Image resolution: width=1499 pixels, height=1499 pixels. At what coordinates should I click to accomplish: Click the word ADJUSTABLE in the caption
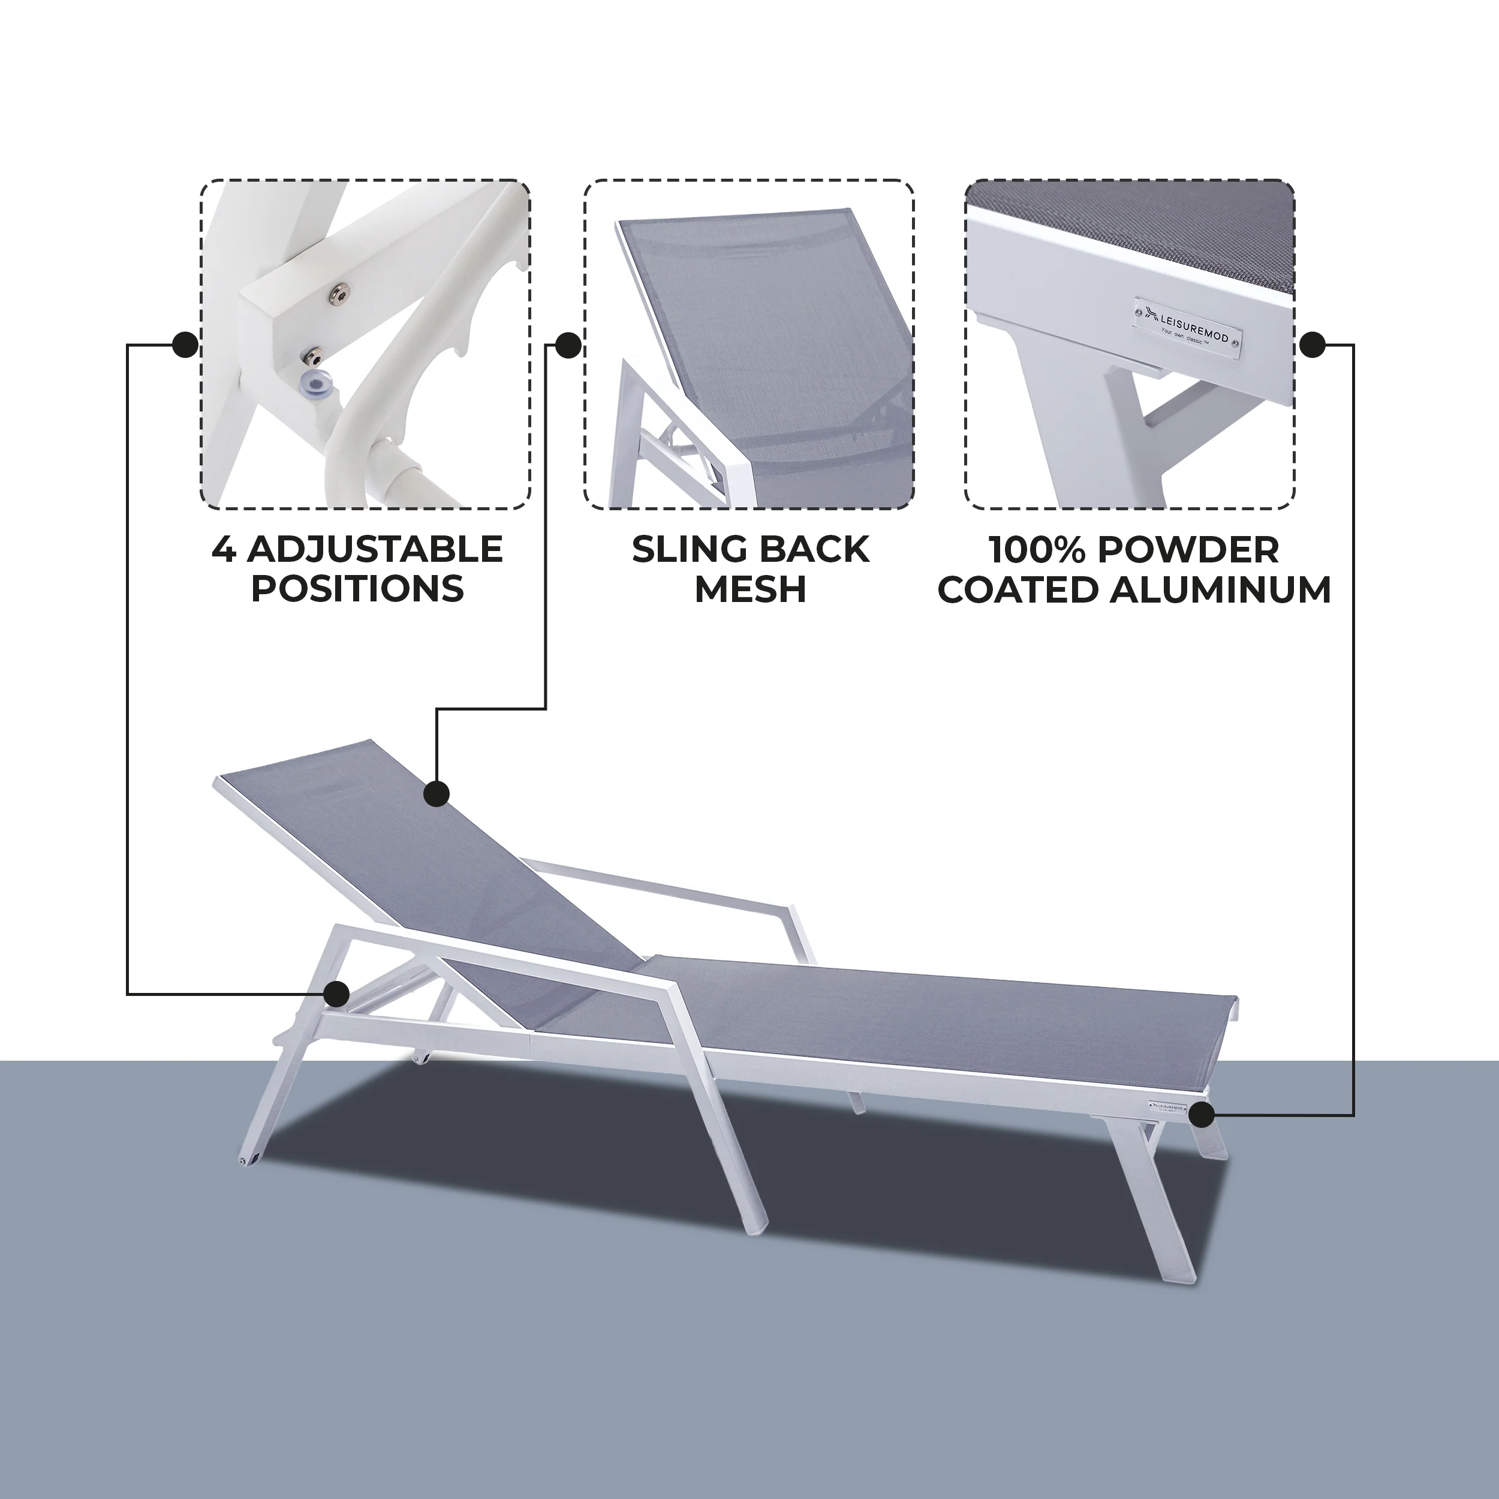(x=375, y=550)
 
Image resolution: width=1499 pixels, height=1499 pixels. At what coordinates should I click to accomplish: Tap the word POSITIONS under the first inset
(x=358, y=589)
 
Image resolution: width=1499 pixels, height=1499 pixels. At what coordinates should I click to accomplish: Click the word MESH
(x=750, y=589)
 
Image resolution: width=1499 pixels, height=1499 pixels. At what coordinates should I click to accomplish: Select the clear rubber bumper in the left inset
(x=320, y=382)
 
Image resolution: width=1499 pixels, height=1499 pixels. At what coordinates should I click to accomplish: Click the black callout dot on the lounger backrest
(x=437, y=794)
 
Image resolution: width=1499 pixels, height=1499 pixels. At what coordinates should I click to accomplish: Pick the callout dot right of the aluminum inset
(x=1312, y=345)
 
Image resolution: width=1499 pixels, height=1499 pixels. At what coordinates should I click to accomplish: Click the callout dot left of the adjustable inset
(x=185, y=345)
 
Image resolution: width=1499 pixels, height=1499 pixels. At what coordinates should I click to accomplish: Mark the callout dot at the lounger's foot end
(x=1202, y=1115)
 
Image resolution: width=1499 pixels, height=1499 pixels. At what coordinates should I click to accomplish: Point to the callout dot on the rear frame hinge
(x=337, y=993)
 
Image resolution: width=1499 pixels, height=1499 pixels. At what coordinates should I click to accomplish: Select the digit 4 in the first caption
(x=224, y=550)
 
